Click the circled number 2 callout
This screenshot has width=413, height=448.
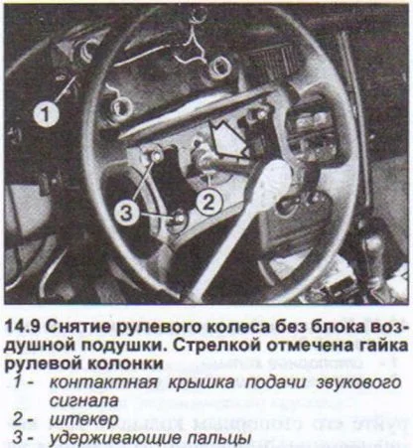(x=206, y=201)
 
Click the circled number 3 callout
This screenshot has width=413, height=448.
(x=124, y=210)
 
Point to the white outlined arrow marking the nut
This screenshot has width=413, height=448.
(x=226, y=136)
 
